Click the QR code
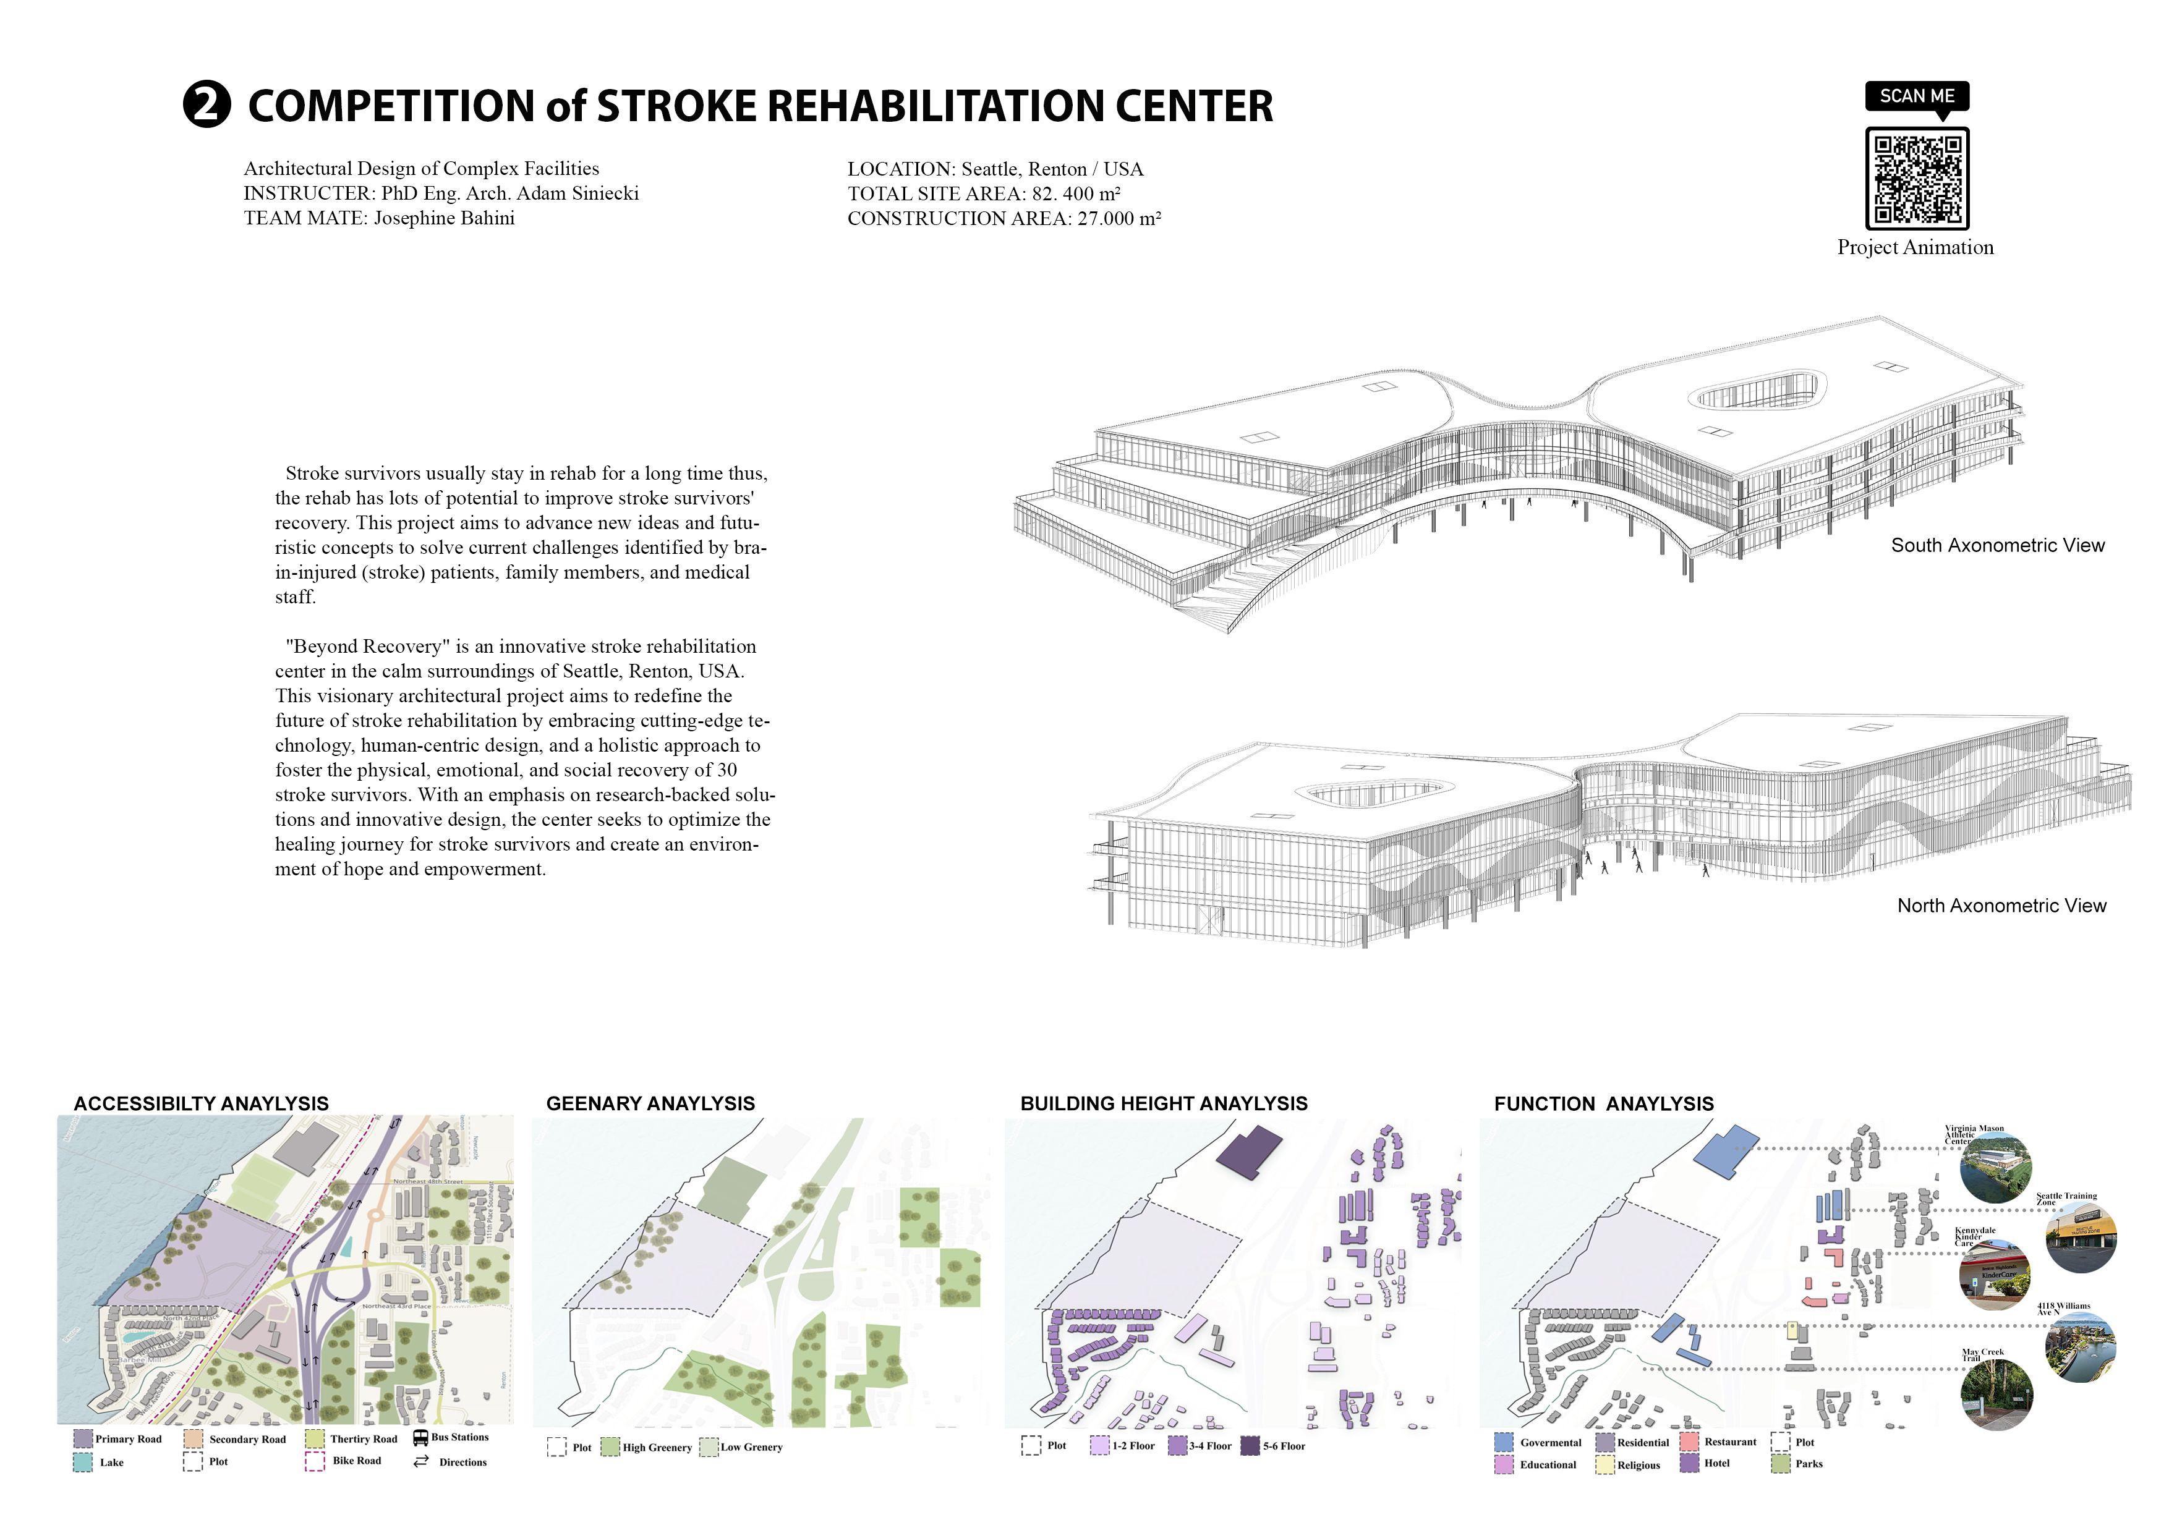[1917, 179]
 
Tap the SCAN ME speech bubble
[1917, 97]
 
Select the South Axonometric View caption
[1997, 545]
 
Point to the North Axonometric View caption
[2001, 906]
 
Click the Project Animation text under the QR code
[1915, 247]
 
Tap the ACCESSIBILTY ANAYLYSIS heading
[201, 1103]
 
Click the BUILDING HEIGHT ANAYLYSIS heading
[1163, 1103]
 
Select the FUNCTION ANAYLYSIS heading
[1603, 1103]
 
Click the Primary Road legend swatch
[83, 1438]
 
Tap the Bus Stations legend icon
[420, 1438]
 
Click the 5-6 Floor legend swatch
[1250, 1445]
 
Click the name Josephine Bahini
[443, 218]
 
